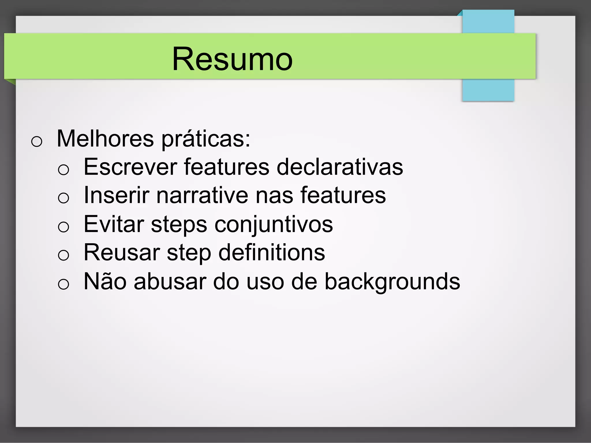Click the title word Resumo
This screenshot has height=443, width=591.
232,59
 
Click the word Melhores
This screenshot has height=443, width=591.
105,139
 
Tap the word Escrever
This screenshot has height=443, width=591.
130,167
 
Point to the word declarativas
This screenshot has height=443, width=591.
340,167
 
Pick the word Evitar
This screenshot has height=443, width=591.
114,224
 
